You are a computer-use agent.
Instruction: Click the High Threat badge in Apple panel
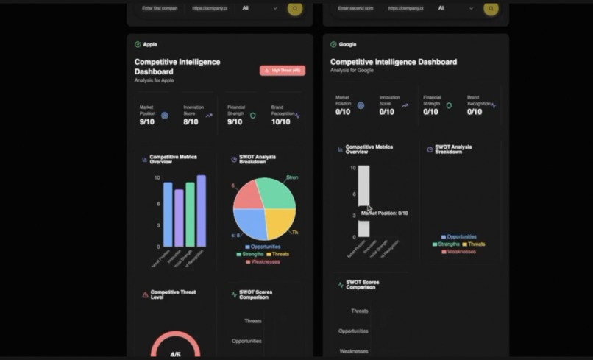[282, 71]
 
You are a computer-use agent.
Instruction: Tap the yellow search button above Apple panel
[295, 9]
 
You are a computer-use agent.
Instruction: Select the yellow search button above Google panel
[491, 9]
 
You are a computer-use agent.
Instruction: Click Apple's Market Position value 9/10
[147, 121]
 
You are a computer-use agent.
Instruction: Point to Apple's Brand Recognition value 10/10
[280, 121]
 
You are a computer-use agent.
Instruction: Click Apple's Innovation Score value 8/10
[191, 121]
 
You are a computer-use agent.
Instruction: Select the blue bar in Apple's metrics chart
[168, 214]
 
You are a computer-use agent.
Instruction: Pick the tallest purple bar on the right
[201, 211]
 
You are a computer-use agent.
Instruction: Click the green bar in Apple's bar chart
[190, 214]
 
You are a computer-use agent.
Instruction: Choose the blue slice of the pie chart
[250, 223]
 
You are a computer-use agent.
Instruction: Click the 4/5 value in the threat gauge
[175, 355]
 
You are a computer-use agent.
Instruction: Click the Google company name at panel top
[347, 44]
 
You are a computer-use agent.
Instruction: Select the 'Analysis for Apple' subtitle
[155, 80]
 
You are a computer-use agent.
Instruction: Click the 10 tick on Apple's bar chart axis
[157, 178]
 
